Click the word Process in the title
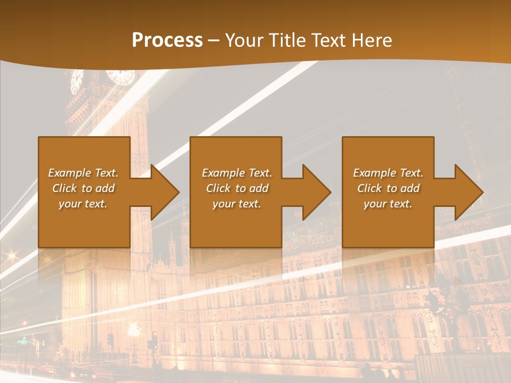167,40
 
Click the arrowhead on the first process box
164,192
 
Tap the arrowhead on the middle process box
316,192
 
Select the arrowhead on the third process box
468,192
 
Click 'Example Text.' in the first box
83,173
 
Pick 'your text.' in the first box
83,204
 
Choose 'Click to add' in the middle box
237,188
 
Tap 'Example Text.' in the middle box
237,173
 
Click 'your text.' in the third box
388,204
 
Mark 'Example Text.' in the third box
388,173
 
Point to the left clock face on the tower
77,81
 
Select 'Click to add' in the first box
83,188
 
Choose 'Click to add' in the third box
388,188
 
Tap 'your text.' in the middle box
237,204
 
